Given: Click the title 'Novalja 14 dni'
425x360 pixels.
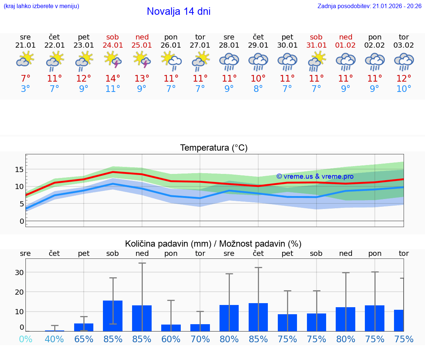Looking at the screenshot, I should pyautogui.click(x=179, y=11).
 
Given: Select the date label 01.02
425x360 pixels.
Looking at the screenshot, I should pyautogui.click(x=346, y=45).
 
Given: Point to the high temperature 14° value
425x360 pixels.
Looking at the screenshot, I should pyautogui.click(x=113, y=78).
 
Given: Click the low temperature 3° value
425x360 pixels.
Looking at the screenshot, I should pyautogui.click(x=25, y=89).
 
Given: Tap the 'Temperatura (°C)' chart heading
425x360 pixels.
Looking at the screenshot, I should pyautogui.click(x=214, y=148).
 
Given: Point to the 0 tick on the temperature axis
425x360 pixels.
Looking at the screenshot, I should pyautogui.click(x=21, y=221).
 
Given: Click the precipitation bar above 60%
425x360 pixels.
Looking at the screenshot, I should pyautogui.click(x=171, y=328).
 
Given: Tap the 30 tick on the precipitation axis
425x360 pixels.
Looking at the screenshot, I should pyautogui.click(x=19, y=272).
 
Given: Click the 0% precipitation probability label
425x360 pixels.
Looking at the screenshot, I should pyautogui.click(x=25, y=339).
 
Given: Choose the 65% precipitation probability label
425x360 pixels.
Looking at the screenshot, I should pyautogui.click(x=84, y=339).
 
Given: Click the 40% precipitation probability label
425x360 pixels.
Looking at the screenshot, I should pyautogui.click(x=55, y=339).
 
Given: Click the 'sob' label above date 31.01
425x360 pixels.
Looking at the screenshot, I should pyautogui.click(x=316, y=37).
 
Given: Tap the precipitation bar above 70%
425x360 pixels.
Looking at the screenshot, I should pyautogui.click(x=200, y=328).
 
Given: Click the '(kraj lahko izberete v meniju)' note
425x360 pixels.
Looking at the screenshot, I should pyautogui.click(x=41, y=6).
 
